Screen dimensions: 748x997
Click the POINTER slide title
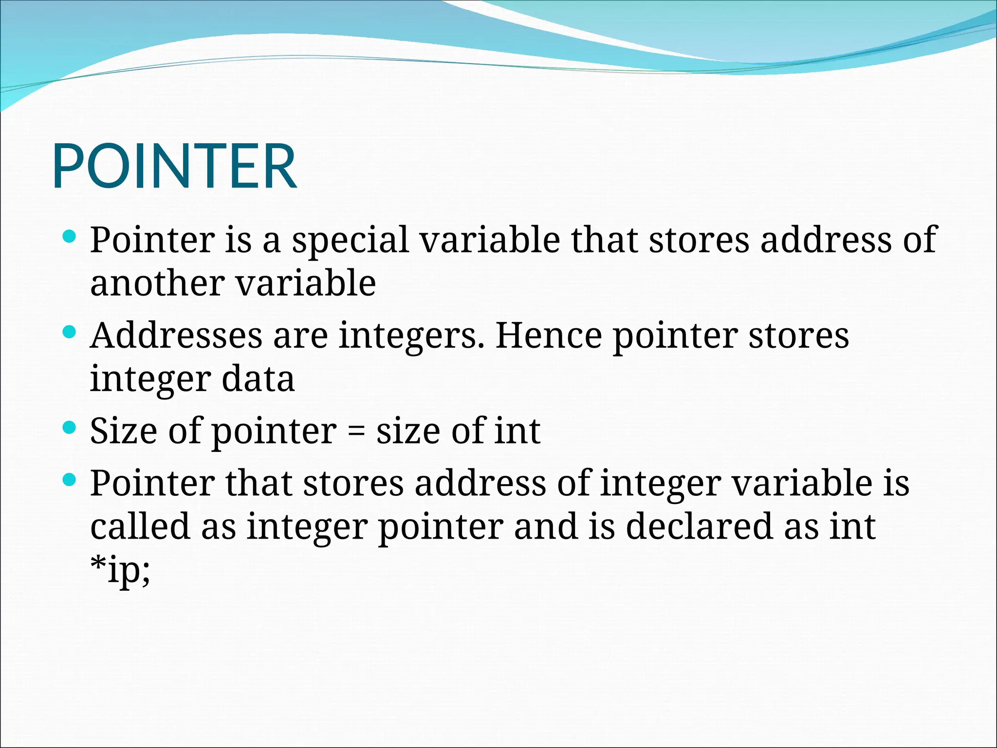point(174,167)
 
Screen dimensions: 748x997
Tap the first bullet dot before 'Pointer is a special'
point(70,237)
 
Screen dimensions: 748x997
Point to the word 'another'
point(157,283)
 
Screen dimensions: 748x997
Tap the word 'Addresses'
point(176,336)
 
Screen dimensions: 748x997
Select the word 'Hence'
point(548,336)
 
